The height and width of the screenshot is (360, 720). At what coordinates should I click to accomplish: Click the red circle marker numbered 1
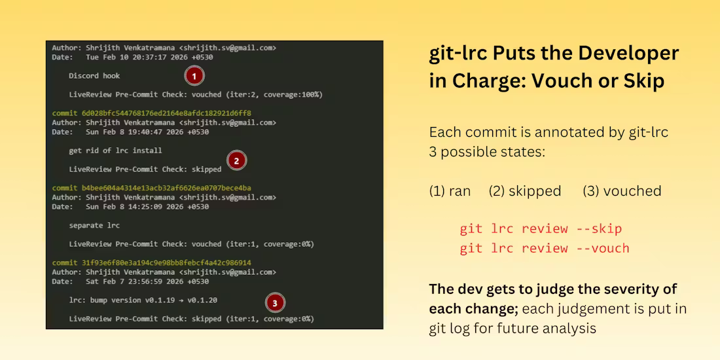tap(194, 76)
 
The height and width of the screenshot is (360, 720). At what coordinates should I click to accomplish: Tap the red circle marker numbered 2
tap(236, 160)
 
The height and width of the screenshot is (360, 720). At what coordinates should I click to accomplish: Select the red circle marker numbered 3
tap(275, 302)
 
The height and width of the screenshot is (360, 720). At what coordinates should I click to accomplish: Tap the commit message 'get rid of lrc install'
tap(115, 151)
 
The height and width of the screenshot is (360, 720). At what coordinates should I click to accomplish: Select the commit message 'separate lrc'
tap(94, 225)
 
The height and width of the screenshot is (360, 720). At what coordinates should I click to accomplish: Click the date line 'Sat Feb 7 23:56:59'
tap(130, 281)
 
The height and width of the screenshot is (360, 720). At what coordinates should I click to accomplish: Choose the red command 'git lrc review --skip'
tap(541, 228)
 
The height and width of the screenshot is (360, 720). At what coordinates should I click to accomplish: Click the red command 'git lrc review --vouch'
tap(545, 248)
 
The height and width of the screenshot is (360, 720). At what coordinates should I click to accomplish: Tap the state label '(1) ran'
tap(450, 191)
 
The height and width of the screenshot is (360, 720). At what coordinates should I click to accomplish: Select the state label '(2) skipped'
tap(525, 191)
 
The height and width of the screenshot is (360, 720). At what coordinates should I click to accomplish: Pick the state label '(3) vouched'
tap(622, 191)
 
